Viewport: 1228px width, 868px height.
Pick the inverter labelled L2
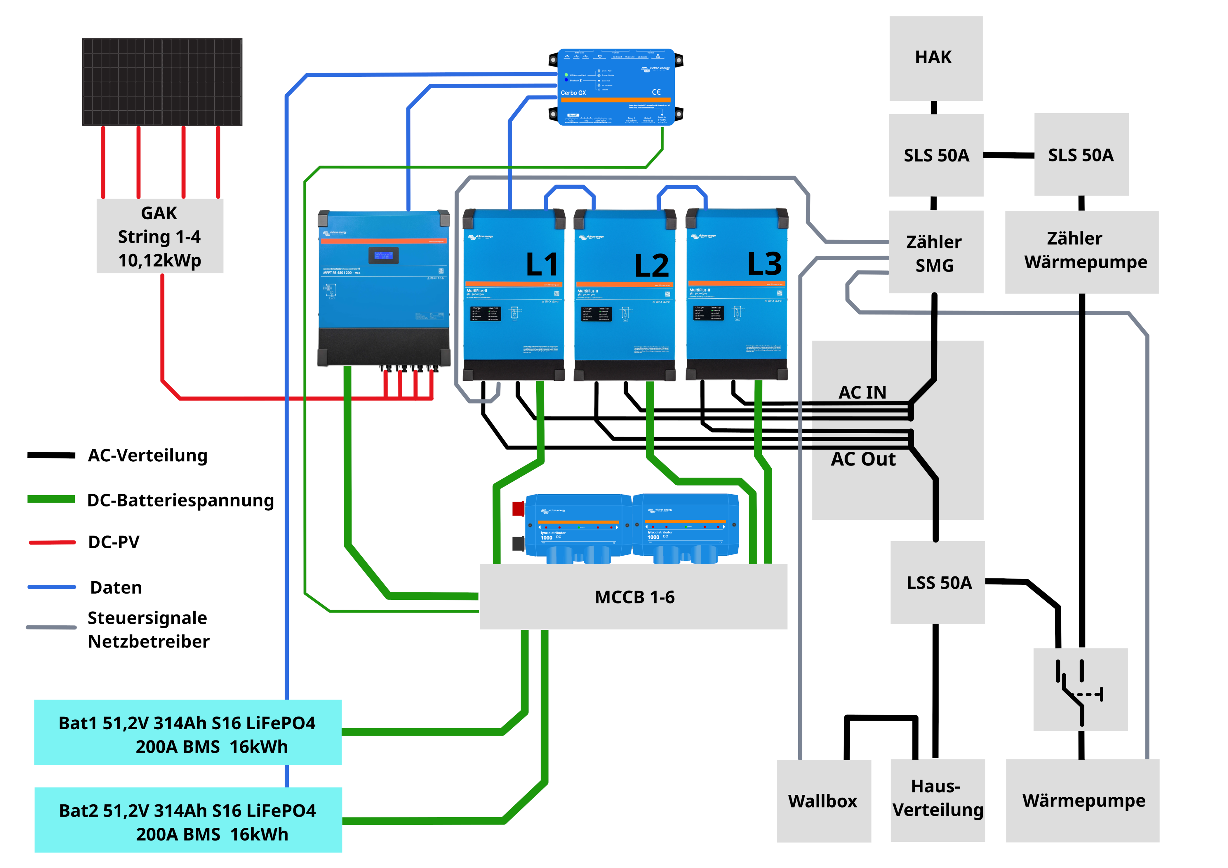tap(624, 294)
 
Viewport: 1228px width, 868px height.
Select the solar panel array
tap(162, 82)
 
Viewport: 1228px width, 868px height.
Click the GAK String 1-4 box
tap(159, 236)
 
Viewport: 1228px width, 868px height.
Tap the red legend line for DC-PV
tap(52, 542)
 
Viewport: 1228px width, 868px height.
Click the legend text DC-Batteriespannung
tap(180, 500)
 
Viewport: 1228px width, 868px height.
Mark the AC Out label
tap(863, 459)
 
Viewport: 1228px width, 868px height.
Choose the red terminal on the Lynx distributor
tap(518, 508)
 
